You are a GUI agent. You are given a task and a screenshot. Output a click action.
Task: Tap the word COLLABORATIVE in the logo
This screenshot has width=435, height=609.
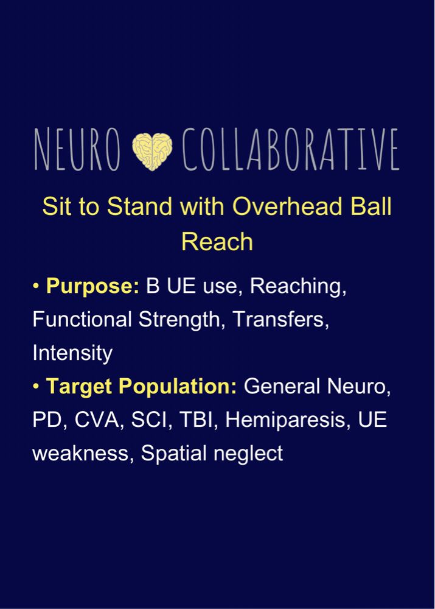coord(291,149)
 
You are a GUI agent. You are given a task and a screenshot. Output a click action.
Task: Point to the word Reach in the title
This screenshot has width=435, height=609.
coord(217,242)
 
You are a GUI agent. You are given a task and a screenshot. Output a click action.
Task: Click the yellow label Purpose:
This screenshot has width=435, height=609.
coord(92,287)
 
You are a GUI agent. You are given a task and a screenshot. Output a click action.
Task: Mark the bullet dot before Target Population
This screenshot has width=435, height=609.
coord(36,387)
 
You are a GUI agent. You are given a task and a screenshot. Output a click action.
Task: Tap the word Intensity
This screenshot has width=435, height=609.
coord(72,353)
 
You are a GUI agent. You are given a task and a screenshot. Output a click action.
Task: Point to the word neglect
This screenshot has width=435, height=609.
coord(248,454)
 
